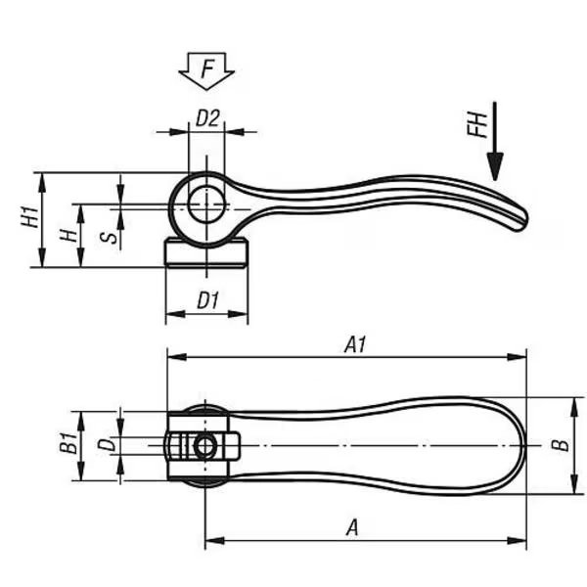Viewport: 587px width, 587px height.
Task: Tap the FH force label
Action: tap(477, 125)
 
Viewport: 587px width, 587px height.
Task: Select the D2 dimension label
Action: tap(207, 118)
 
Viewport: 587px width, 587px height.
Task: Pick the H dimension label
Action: tap(68, 235)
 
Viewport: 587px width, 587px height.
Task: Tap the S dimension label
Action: tap(109, 237)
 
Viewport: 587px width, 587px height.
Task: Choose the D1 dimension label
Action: tap(207, 300)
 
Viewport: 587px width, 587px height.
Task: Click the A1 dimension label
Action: tap(355, 344)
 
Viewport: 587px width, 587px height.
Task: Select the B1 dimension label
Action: tap(68, 442)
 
